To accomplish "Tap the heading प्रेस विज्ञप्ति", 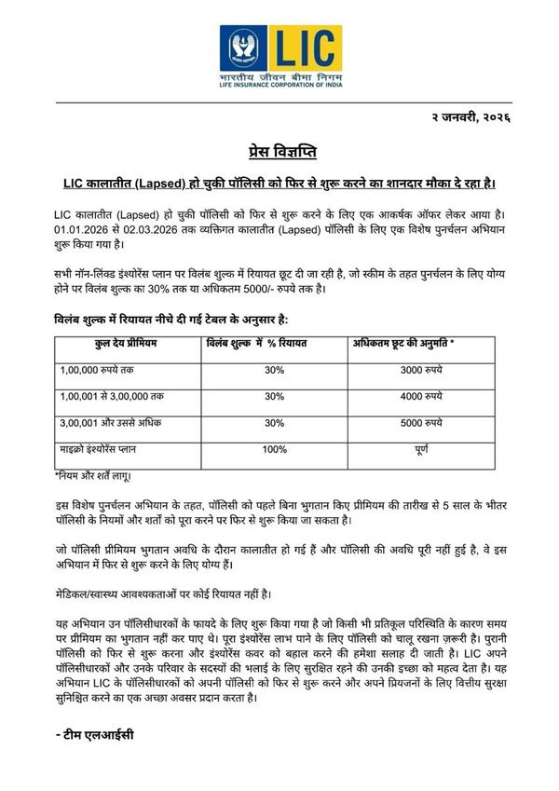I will [279, 152].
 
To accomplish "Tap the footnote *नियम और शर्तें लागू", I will [92, 475].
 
